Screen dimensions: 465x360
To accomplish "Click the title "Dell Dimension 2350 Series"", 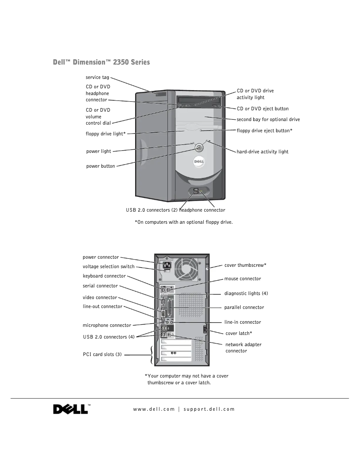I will [101, 62].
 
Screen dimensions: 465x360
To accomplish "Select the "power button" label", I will [100, 166].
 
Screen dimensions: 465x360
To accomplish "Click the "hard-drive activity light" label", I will [263, 152].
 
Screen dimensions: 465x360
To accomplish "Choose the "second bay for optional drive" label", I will [268, 119].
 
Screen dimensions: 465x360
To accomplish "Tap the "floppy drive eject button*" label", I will [265, 130].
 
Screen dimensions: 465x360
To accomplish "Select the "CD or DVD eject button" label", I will [263, 109].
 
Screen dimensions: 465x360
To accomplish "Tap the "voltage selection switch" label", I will [108, 266].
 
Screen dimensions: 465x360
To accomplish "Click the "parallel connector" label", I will [244, 308].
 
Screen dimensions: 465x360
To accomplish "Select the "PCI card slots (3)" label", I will [102, 354].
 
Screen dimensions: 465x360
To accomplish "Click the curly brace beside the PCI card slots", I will [151, 354].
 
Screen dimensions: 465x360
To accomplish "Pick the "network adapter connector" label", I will [243, 348].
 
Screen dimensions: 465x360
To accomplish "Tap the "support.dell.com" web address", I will [209, 409].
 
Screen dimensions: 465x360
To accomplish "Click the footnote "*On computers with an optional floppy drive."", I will [184, 222].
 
